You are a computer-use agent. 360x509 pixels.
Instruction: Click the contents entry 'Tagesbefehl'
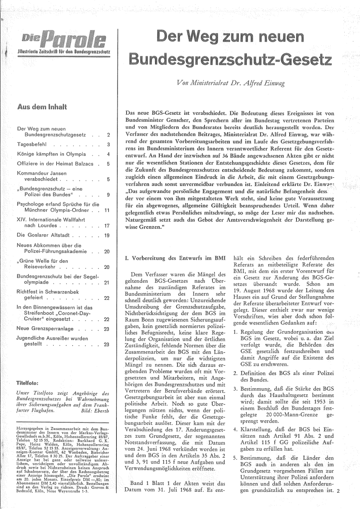click(x=34, y=144)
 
